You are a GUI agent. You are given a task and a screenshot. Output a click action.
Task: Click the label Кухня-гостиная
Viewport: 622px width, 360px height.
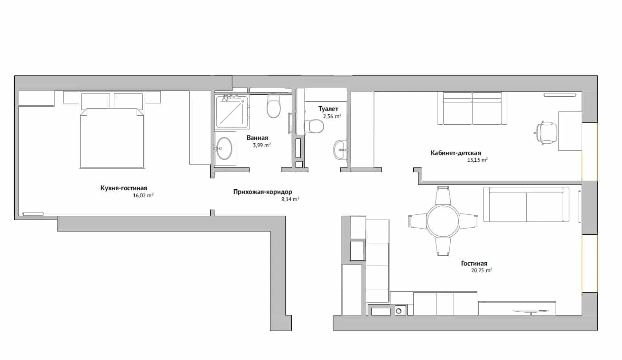coord(124,188)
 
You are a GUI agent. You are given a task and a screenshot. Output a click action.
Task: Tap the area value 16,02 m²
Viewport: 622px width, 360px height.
coord(143,195)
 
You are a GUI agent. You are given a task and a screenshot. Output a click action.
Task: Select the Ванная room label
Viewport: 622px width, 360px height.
coord(258,138)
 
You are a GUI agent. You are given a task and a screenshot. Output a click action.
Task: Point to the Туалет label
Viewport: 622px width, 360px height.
coord(328,109)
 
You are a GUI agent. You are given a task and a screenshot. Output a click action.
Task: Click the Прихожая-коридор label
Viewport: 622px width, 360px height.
coord(263,192)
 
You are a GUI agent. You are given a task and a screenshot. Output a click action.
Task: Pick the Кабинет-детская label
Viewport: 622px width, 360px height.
coord(456,153)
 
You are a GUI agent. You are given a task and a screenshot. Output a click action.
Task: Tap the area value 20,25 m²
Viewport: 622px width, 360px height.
coord(482,270)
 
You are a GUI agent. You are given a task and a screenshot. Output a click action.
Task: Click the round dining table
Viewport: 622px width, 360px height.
coord(443,221)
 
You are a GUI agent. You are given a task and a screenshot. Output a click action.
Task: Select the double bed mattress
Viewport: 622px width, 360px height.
coord(112,138)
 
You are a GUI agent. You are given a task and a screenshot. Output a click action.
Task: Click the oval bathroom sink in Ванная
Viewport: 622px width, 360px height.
coord(224,148)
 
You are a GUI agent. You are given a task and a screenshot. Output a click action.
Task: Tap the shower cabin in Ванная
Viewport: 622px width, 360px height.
coord(232,111)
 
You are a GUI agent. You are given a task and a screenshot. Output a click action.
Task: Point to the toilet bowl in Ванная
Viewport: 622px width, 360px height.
coord(274,106)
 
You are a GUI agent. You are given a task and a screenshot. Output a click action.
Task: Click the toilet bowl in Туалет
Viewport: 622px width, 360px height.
coord(314,126)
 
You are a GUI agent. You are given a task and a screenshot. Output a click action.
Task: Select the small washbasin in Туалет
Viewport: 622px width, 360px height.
coord(340,150)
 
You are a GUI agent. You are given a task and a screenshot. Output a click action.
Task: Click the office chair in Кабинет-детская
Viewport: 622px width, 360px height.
coord(546,133)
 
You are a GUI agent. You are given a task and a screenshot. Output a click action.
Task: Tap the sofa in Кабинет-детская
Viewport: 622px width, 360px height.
coord(472,108)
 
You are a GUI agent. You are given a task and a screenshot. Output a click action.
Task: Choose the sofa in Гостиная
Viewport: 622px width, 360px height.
coord(526,204)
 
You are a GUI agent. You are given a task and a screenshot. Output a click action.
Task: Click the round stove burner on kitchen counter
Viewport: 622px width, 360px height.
coord(399,311)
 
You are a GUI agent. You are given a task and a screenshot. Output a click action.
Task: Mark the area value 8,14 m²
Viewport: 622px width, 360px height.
coord(290,199)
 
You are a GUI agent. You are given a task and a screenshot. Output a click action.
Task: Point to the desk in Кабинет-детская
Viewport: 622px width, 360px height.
coord(570,131)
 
